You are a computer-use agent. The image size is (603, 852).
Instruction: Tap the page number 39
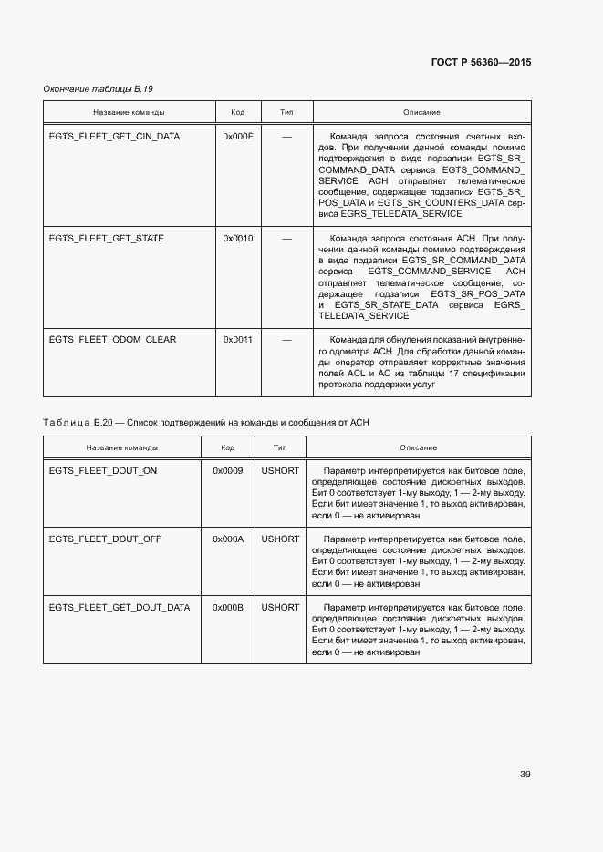click(x=525, y=775)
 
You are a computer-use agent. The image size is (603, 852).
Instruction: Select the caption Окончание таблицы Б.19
click(x=99, y=88)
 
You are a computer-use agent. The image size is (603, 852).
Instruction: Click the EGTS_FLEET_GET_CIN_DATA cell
click(x=114, y=137)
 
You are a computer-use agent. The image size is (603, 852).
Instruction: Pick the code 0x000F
click(x=238, y=137)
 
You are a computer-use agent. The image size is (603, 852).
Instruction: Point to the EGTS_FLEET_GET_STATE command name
click(x=106, y=239)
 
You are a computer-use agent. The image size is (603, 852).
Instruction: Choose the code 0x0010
click(x=238, y=239)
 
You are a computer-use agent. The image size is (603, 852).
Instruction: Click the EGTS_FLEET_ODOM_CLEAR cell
click(x=112, y=340)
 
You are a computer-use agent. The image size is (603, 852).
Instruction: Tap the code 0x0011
click(x=238, y=340)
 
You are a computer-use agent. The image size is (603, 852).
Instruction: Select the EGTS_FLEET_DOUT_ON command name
click(x=102, y=471)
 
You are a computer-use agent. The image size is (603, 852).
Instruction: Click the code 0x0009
click(x=228, y=471)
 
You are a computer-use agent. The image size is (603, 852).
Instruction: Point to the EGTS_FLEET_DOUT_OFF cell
click(x=105, y=539)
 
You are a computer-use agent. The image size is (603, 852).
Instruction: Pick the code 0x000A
click(x=228, y=539)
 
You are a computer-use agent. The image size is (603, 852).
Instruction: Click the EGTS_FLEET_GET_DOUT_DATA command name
click(x=120, y=608)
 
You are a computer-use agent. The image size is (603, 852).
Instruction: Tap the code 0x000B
click(x=228, y=608)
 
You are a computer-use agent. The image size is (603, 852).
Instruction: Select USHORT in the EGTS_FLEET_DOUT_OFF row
click(x=280, y=539)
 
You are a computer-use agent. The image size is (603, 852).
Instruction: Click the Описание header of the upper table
click(x=421, y=113)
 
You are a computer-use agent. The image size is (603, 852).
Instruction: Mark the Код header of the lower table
click(x=228, y=448)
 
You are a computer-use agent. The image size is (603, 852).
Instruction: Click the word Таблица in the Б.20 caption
click(x=66, y=423)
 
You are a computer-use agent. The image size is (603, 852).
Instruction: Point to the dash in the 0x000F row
click(x=286, y=137)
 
